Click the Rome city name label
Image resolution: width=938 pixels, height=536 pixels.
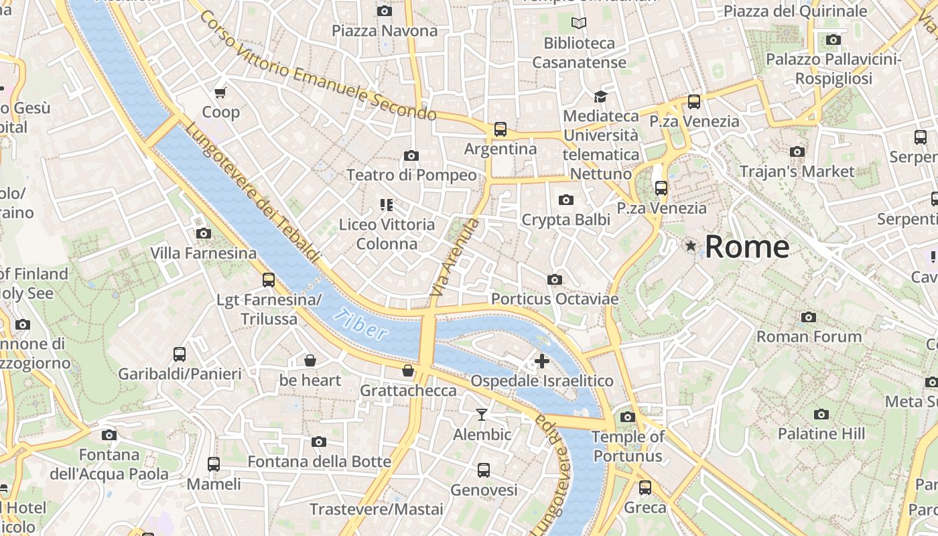point(747,247)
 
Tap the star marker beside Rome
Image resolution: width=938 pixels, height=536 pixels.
point(691,246)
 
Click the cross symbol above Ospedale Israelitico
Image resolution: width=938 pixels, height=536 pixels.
point(541,362)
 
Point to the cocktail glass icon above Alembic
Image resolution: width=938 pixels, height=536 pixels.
point(482,415)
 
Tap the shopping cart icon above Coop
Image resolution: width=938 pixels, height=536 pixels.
point(220,92)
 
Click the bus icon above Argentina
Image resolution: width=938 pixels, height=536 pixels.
point(500,129)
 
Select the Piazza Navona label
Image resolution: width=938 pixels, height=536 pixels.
point(385,31)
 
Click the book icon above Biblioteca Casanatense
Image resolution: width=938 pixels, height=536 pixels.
point(579,23)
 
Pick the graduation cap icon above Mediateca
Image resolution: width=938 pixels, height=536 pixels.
point(600,96)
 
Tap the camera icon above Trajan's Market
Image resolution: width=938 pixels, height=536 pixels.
point(797,152)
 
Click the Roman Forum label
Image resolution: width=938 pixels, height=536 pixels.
point(809,336)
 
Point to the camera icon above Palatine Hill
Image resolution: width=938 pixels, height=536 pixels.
point(821,414)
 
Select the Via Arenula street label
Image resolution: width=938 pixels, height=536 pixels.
point(456,258)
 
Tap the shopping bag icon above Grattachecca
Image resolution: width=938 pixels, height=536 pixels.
point(407,371)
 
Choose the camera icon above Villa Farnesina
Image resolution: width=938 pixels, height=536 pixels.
point(203,234)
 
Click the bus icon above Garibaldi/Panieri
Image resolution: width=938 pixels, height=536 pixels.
point(180,354)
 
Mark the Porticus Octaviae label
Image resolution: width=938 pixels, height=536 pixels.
point(555,299)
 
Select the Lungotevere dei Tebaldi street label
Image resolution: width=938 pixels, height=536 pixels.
point(253,193)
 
